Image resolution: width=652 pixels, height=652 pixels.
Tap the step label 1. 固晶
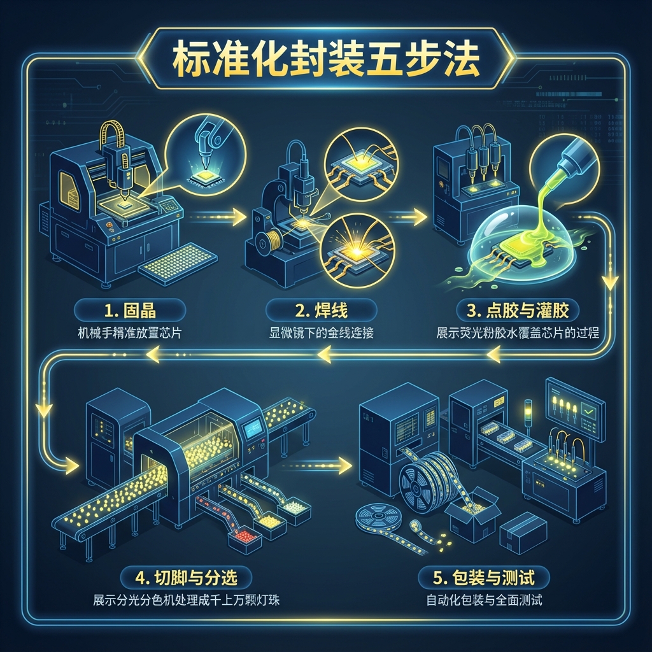pos(130,310)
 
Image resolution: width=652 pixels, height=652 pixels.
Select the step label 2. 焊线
pos(321,310)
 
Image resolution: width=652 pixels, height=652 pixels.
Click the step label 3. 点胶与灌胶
pos(518,310)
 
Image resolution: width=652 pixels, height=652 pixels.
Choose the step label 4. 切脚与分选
pos(186,577)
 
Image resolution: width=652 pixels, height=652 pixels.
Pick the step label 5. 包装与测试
pos(484,577)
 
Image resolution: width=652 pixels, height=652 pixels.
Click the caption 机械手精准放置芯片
pos(130,333)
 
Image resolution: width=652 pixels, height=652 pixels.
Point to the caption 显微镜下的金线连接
pos(321,333)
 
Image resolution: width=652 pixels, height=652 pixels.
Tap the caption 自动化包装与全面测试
pos(484,600)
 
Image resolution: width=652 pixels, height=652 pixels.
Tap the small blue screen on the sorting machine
pos(253,428)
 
